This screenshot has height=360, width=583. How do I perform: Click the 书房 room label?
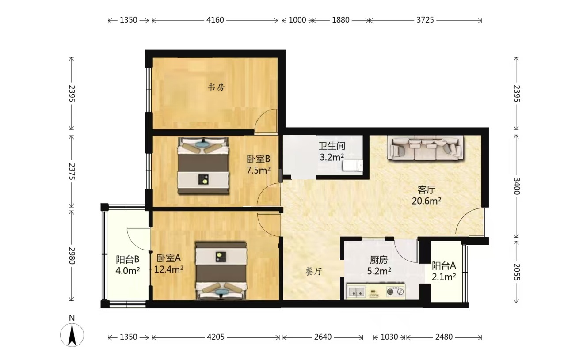coord(216,87)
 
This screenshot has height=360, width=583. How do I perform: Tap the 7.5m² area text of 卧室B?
coord(258,171)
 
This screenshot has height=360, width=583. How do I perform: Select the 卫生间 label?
coord(332,146)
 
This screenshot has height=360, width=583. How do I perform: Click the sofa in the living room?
coord(425,148)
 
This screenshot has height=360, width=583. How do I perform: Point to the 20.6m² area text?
coord(427,201)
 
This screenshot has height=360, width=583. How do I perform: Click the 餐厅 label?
coord(314,272)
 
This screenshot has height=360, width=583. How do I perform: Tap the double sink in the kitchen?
coord(356,292)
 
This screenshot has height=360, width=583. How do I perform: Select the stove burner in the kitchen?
coord(395,292)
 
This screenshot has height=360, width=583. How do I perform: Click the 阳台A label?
coord(444,265)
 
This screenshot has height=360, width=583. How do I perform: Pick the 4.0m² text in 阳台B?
coord(128,271)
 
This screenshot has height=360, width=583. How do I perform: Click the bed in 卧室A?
coord(221,271)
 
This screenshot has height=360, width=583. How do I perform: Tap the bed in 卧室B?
coord(203,166)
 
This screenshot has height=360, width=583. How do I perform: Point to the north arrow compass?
coord(72,335)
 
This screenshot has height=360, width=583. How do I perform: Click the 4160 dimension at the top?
coord(215,20)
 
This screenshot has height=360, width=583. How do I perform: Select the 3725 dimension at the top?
coord(425,20)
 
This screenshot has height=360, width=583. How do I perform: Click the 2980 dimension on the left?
coord(72,256)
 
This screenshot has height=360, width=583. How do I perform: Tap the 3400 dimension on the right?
coord(516,186)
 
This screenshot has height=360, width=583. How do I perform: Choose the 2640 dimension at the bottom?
coord(323,337)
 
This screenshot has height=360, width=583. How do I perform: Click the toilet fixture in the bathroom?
coord(352,166)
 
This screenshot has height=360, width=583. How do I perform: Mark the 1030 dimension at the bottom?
coord(389,337)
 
